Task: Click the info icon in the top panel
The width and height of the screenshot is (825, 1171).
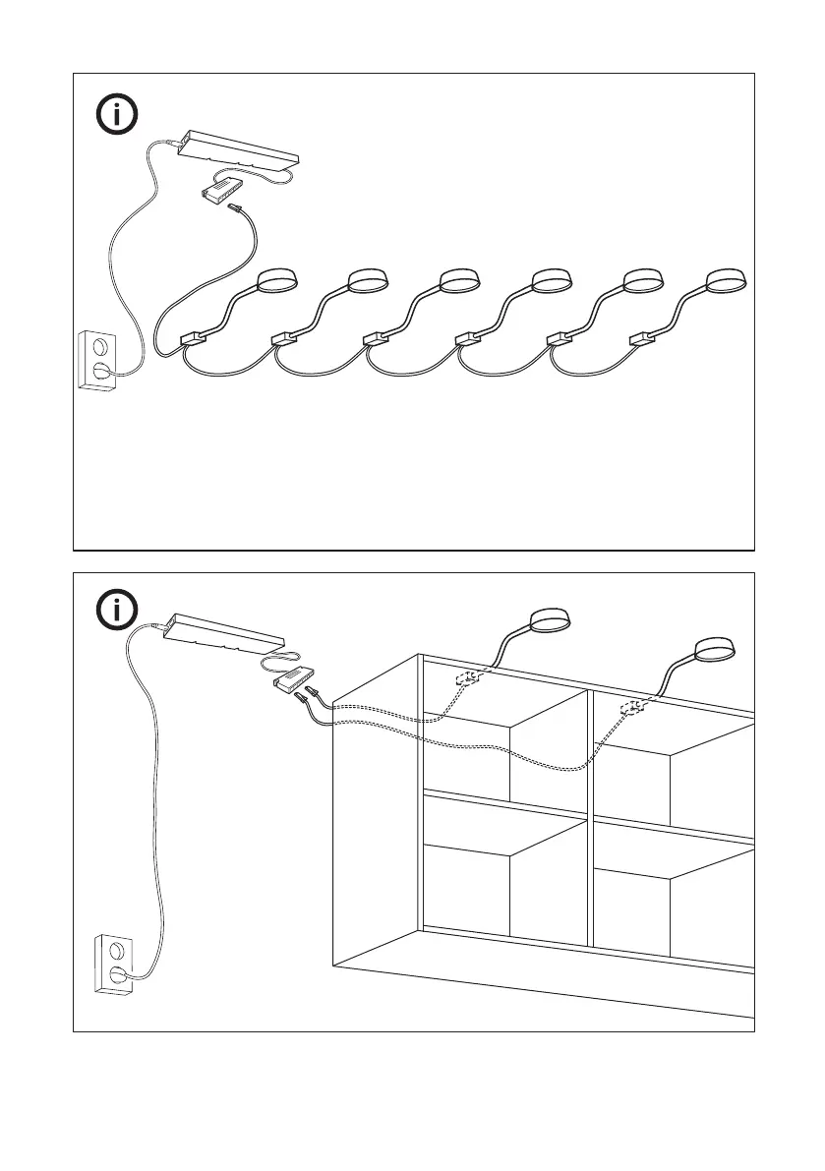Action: pos(118,116)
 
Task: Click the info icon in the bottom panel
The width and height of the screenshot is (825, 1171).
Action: pos(118,611)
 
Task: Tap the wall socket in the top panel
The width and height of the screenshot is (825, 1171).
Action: pos(97,360)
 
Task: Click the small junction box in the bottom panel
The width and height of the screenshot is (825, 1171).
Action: pos(293,677)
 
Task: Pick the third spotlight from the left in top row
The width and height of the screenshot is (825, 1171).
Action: pos(459,282)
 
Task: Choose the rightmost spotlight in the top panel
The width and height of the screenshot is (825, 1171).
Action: pos(729,282)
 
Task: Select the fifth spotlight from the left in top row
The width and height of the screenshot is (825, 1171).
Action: pos(640,282)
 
